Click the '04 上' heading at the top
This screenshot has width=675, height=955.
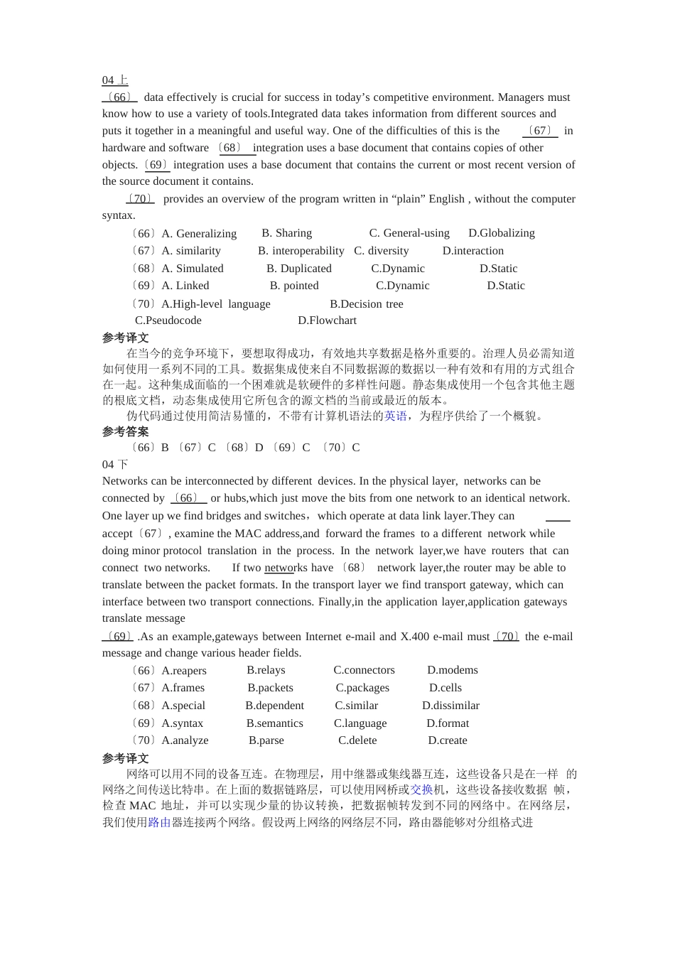pos(115,80)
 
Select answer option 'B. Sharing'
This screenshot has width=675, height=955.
pos(286,233)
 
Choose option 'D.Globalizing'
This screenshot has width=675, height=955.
pos(501,233)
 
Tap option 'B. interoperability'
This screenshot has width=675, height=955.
pos(301,251)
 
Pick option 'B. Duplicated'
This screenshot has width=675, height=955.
pos(298,269)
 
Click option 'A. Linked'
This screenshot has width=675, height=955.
pos(185,286)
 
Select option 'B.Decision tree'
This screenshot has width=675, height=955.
pos(366,304)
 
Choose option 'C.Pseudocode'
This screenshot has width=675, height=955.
pos(168,320)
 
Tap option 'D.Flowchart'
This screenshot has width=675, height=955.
pos(327,320)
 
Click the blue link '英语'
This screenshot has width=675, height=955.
pos(396,416)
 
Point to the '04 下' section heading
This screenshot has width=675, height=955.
pos(115,465)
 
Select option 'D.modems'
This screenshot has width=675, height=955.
pos(452,670)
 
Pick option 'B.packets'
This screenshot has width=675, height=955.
pos(270,688)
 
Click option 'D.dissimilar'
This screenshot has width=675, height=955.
pos(450,706)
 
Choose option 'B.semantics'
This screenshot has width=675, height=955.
pos(274,723)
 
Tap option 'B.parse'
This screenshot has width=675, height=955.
pos(266,740)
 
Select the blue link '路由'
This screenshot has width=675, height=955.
pos(159,822)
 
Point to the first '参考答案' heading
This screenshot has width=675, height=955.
pos(125,431)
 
